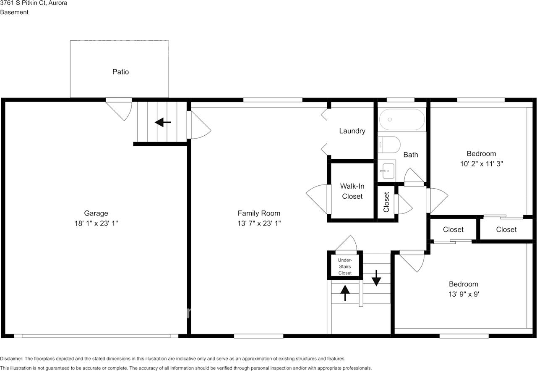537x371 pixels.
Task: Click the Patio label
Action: pos(120,72)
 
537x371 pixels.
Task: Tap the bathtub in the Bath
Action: pos(402,120)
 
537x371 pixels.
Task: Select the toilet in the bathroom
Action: pos(389,145)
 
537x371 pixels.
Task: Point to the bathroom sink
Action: pos(387,170)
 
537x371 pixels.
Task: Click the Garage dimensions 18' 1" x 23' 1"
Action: pos(96,224)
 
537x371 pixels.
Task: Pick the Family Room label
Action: pos(259,213)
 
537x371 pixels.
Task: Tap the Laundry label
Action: pos(352,131)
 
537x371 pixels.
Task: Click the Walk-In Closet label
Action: pos(352,191)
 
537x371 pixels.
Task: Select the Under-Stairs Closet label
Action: pos(345,266)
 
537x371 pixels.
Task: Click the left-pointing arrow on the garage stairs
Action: pos(163,122)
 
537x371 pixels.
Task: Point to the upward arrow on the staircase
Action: pos(345,293)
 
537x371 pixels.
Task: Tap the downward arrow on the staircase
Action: pos(376,278)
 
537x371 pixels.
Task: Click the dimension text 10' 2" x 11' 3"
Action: pos(481,164)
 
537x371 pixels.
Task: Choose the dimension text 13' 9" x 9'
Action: pos(464,294)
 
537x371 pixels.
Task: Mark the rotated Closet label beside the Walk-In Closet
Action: pos(386,202)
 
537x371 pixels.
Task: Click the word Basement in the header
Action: pos(14,12)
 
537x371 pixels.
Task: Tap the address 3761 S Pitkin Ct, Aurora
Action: pos(34,3)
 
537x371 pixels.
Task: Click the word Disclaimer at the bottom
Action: pos(11,359)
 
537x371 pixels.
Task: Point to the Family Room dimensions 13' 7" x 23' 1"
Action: pos(259,224)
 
